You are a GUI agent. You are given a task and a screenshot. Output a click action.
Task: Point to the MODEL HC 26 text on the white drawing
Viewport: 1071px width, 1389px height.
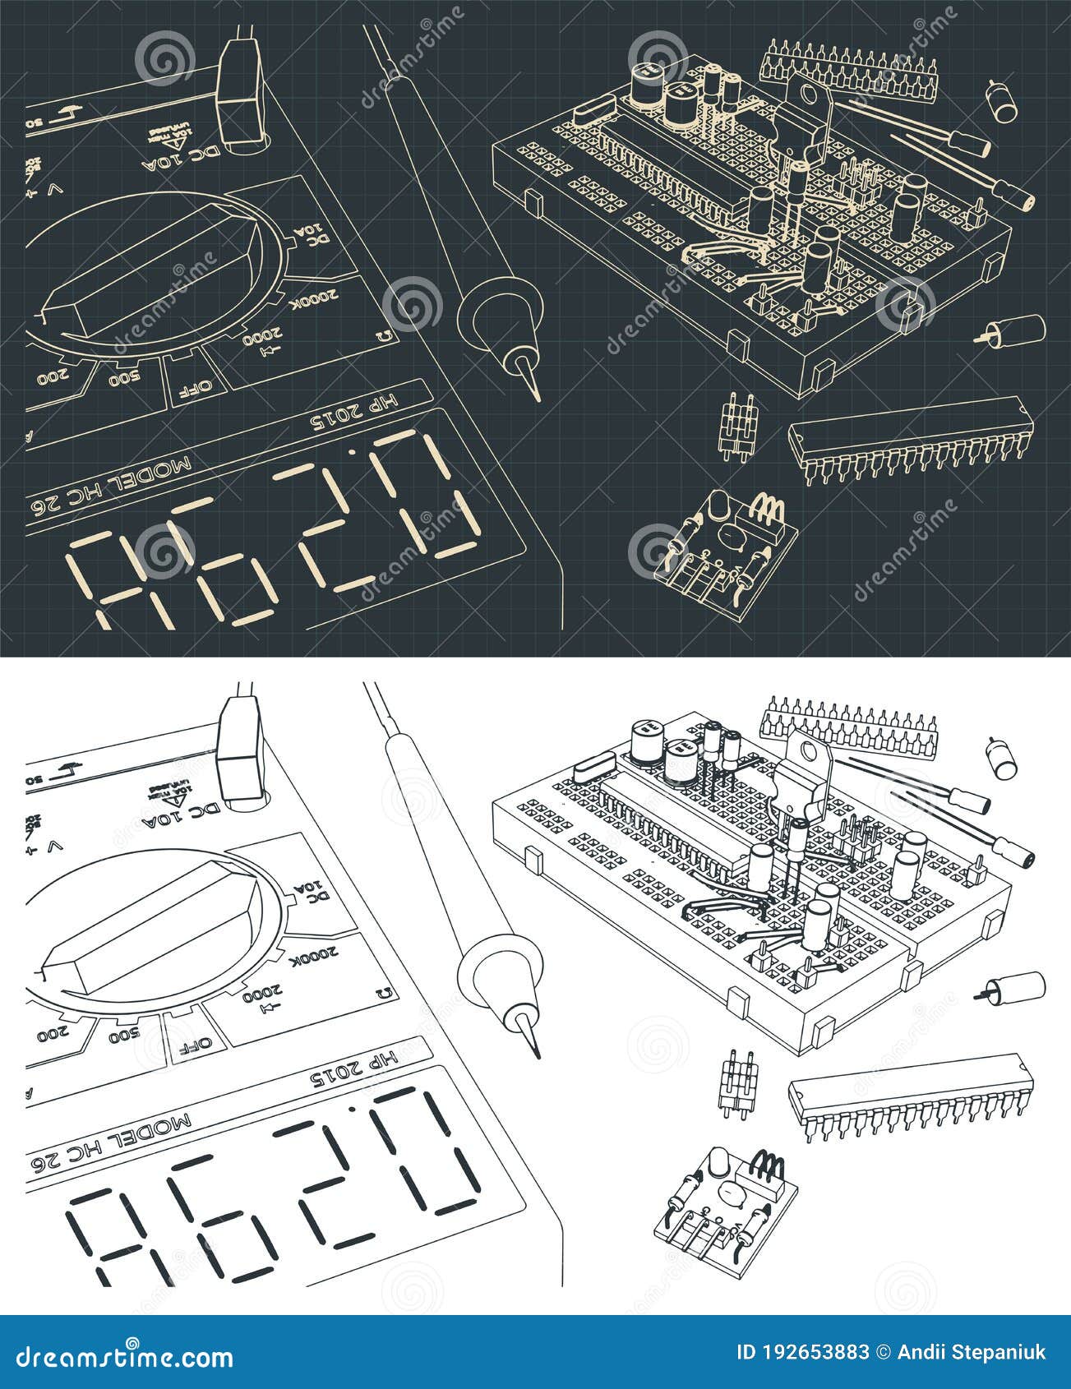click(x=111, y=1143)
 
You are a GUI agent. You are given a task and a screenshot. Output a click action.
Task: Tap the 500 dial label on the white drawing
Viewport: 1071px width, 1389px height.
click(x=123, y=1034)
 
